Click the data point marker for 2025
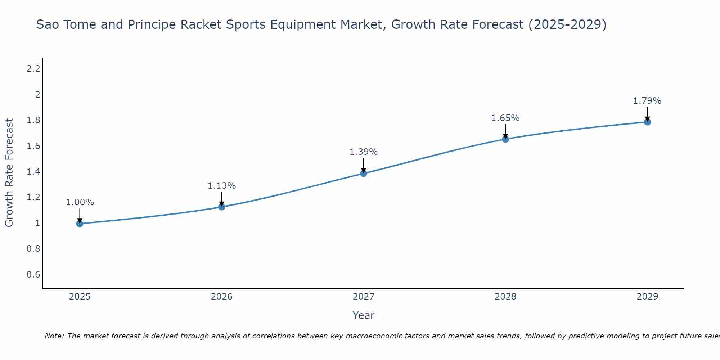coord(80,224)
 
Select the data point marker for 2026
coord(222,207)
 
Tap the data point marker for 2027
coord(364,174)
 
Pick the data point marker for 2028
coord(505,139)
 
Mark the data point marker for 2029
coord(647,122)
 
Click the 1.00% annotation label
coord(80,202)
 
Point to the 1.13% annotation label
coord(222,186)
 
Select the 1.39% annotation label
coord(364,152)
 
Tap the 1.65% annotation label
coord(505,118)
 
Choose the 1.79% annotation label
coord(647,101)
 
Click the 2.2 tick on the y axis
coord(33,68)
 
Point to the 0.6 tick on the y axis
coord(33,275)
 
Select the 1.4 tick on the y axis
coord(33,171)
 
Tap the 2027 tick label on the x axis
coord(364,297)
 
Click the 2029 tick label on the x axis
coord(647,297)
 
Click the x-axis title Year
coord(364,315)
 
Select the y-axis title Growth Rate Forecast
coord(9,173)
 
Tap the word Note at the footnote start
coord(54,336)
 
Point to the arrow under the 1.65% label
coord(505,131)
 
